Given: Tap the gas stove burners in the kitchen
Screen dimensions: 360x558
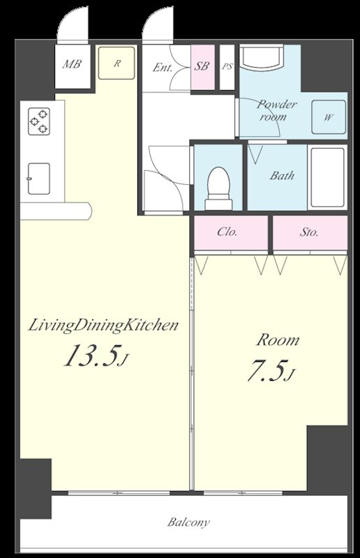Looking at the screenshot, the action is (x=39, y=121).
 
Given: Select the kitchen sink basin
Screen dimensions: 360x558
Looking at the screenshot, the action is (x=39, y=179).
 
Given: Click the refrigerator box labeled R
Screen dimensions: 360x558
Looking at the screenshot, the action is (x=117, y=63).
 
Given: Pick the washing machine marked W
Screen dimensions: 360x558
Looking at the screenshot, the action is (x=329, y=117).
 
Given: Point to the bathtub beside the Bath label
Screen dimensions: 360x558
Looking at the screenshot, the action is (x=327, y=177).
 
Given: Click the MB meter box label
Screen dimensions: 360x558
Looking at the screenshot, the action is (x=72, y=64).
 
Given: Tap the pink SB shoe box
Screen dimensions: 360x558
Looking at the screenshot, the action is (x=203, y=67).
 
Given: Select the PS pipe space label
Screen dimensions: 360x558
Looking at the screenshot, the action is (x=227, y=66).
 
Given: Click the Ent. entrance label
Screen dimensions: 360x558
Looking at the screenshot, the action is (x=163, y=68).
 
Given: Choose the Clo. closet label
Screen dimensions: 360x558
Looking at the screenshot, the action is (x=227, y=232).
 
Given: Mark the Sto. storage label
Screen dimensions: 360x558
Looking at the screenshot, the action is (x=309, y=233).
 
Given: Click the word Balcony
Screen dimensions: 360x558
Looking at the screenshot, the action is (x=188, y=522).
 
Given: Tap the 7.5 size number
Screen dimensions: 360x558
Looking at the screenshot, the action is (x=271, y=370).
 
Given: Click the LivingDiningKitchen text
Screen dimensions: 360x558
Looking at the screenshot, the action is (x=103, y=326).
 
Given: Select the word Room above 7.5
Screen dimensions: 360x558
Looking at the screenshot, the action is (x=278, y=340).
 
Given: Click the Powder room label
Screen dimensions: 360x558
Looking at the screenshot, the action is (x=276, y=110).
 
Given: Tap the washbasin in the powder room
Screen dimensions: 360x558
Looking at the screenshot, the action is (x=262, y=56).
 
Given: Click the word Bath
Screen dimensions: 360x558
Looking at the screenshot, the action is (x=282, y=176).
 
